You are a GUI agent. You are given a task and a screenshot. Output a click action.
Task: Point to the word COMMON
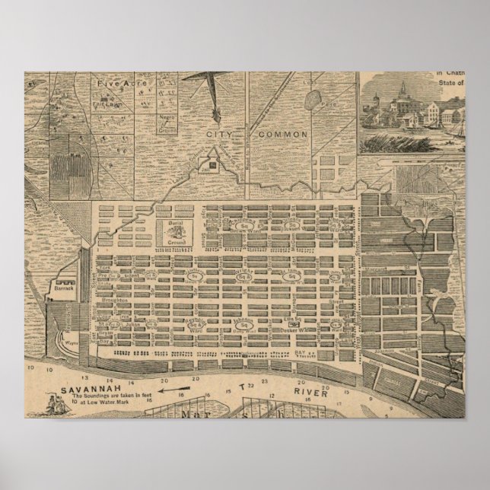283,134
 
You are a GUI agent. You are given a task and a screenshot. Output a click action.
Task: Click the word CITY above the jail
219,134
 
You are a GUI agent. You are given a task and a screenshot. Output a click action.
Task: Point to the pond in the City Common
313,99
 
